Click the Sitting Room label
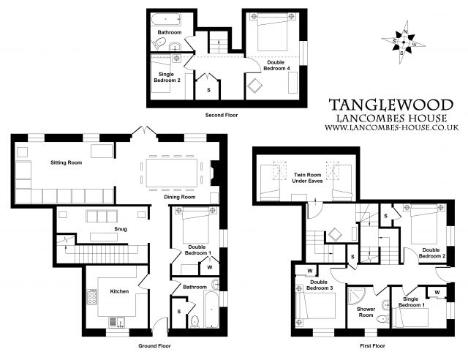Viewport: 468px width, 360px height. coord(66,162)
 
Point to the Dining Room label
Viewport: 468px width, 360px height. coord(178,197)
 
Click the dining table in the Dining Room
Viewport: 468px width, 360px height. coord(176,174)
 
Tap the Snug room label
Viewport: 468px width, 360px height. coord(121,229)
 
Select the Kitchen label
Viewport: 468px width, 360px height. coord(119,291)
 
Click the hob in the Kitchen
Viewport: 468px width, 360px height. coord(93,297)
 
